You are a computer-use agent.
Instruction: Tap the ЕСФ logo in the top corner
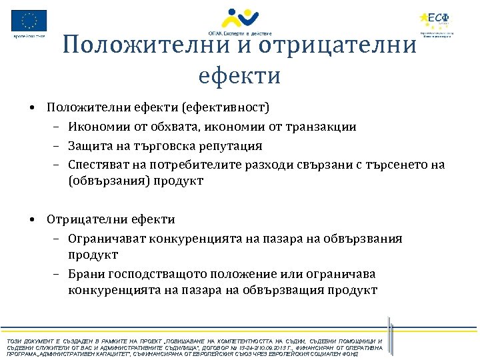(x=437, y=21)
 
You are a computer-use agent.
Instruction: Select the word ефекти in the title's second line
(x=239, y=75)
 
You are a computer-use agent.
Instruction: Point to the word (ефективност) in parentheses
(x=229, y=107)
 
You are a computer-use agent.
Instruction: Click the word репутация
(x=229, y=145)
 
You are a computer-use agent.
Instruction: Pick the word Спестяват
(x=97, y=164)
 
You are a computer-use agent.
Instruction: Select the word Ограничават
(x=107, y=238)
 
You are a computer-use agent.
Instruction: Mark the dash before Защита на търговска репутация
(x=58, y=146)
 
